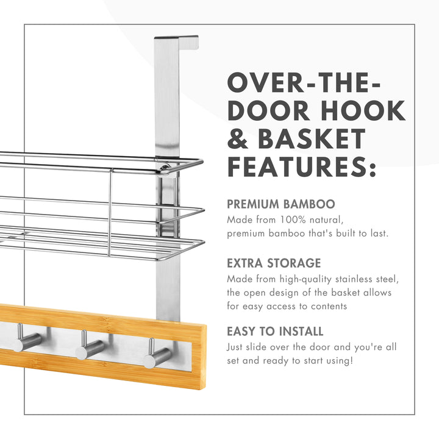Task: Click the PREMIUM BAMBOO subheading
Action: (x=280, y=204)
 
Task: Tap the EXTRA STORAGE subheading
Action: (x=274, y=263)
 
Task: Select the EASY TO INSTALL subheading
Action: (x=275, y=332)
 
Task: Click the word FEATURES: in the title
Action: (x=302, y=166)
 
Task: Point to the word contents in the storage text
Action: (x=329, y=306)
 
